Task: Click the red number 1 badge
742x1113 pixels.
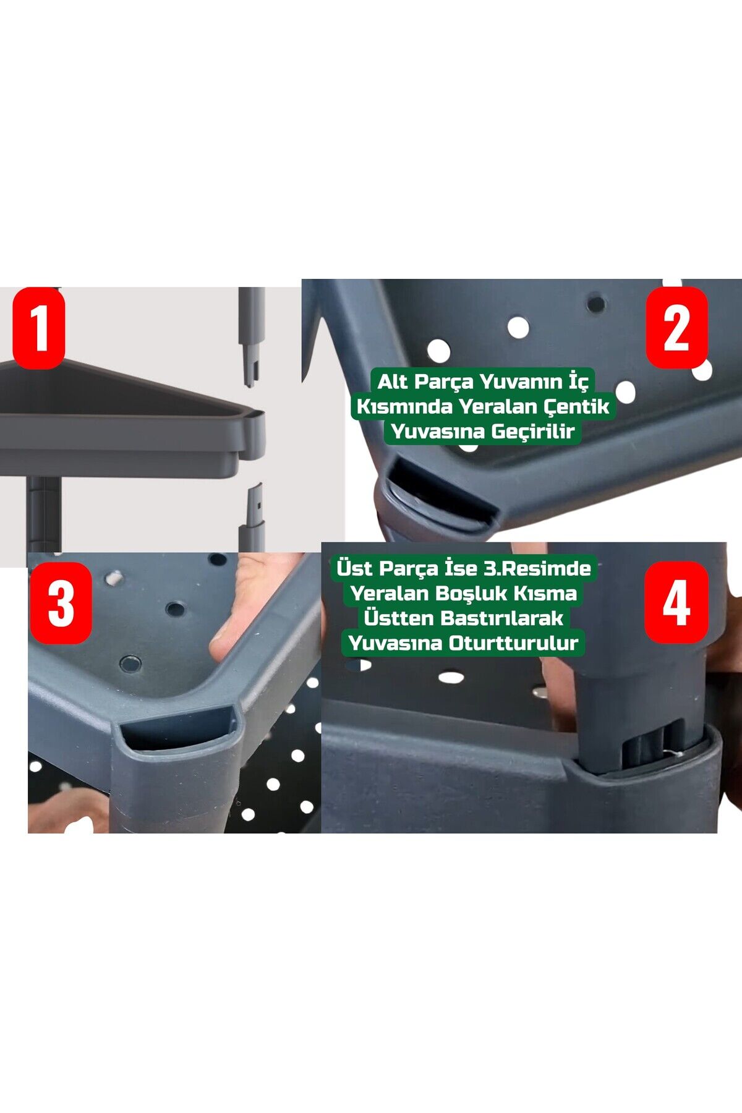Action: [39, 328]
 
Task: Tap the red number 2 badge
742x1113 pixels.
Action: [676, 328]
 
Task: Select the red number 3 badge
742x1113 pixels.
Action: [61, 603]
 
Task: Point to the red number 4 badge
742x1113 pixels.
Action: [676, 602]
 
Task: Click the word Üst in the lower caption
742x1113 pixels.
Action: [355, 568]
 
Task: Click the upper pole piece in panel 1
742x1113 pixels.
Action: [251, 337]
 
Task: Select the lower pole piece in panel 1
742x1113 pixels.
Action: [252, 518]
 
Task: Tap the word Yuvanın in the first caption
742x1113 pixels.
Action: [521, 382]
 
